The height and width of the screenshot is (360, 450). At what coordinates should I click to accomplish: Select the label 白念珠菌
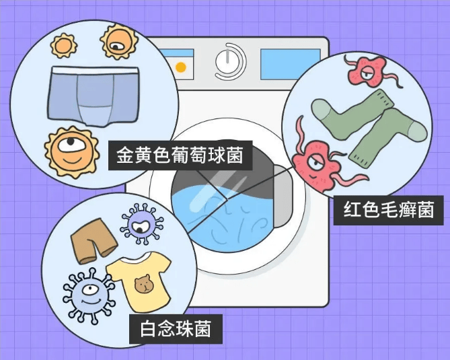176,328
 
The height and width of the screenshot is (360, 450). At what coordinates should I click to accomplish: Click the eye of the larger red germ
316,160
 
